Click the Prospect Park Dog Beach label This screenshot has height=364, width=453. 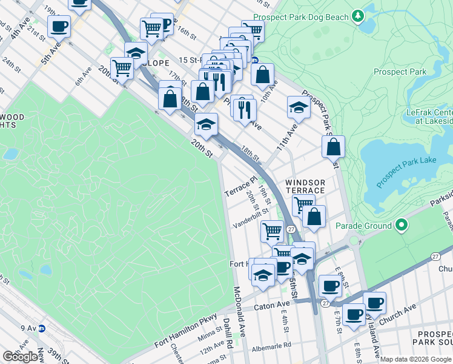pyautogui.click(x=301, y=18)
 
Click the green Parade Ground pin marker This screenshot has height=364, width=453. pyautogui.click(x=401, y=226)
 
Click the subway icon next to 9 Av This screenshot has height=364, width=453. pyautogui.click(x=42, y=329)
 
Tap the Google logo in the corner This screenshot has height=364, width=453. pyautogui.click(x=20, y=357)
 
